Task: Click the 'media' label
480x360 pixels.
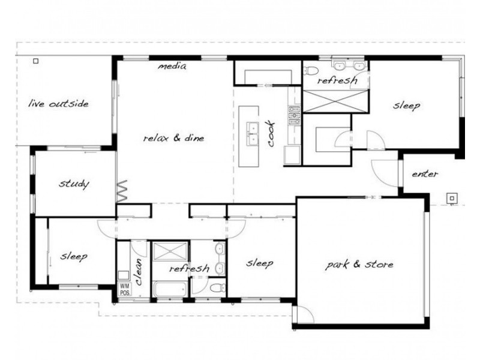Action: coord(172,66)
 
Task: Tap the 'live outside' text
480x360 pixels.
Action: coord(59,104)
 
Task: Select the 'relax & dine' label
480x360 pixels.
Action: coord(174,138)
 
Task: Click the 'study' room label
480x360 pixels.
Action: coord(74,184)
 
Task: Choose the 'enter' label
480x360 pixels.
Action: coord(424,174)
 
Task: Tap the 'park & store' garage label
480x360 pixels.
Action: coord(359,264)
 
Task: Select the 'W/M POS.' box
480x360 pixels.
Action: coord(125,290)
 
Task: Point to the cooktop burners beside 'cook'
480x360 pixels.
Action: coord(295,115)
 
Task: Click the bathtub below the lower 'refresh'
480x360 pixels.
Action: coord(169,290)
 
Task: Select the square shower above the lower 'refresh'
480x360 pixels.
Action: coord(171,251)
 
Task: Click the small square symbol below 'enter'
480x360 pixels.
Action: coord(451,197)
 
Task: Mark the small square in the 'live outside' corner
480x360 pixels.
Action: coord(35,61)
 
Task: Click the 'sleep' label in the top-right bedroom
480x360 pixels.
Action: coord(407,106)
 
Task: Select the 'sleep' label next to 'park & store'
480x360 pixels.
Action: coord(260,263)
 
